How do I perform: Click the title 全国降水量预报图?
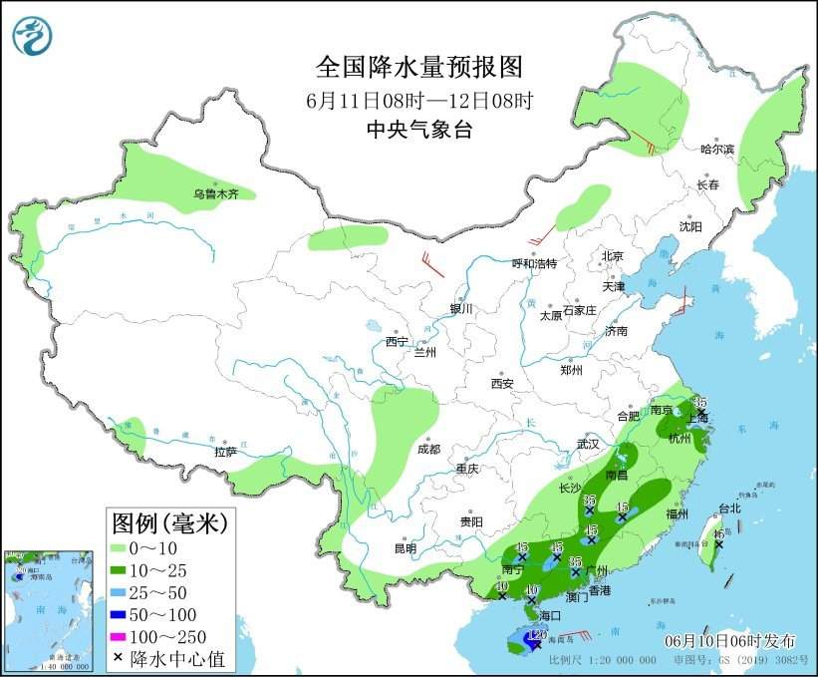(418, 67)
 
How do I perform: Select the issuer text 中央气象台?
(418, 129)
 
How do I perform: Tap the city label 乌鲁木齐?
(215, 194)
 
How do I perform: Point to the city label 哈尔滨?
(716, 150)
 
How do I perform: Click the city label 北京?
(611, 256)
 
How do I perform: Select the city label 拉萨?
(225, 451)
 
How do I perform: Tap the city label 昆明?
(406, 547)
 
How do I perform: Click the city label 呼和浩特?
(534, 263)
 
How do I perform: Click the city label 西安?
(501, 383)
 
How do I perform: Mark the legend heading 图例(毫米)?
(169, 522)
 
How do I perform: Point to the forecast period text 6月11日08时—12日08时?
(418, 100)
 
